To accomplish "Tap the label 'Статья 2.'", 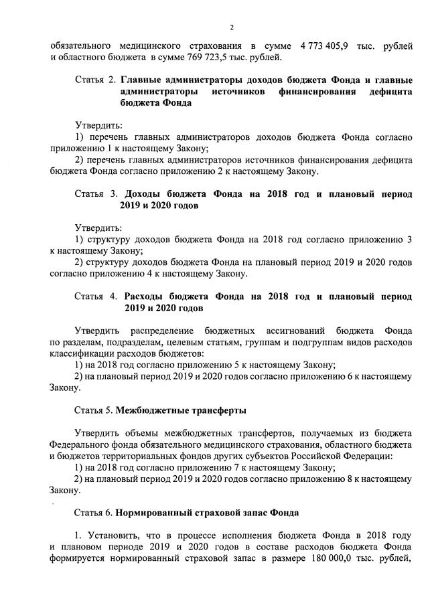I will (95, 80).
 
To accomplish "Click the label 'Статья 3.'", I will (95, 194).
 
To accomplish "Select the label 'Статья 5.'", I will (94, 410).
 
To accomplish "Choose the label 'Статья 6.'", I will (94, 513).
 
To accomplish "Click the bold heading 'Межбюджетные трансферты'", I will (181, 410).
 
